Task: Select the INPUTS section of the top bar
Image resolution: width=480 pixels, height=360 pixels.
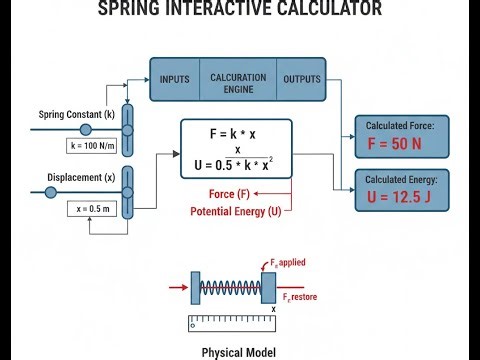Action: point(175,79)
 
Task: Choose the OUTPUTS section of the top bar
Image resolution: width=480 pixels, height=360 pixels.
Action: point(302,79)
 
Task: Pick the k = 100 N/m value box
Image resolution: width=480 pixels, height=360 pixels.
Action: point(94,146)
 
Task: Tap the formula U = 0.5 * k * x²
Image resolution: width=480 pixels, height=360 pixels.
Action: point(236,163)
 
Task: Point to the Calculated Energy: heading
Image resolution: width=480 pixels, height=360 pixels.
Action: point(407,176)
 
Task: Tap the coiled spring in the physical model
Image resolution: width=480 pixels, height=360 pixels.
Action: point(230,287)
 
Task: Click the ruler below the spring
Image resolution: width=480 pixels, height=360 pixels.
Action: point(232,321)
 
